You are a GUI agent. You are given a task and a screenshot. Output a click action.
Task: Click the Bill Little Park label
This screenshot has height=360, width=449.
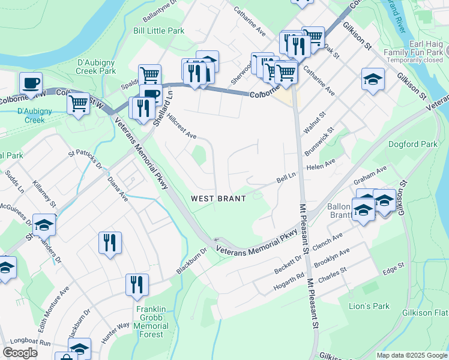(x=158, y=31)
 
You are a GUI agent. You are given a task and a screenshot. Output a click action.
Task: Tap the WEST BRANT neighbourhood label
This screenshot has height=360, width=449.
(x=218, y=198)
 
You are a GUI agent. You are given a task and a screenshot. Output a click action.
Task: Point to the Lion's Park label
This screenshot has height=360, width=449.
(x=369, y=306)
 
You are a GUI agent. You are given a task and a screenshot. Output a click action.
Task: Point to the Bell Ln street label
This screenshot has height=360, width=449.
(x=286, y=178)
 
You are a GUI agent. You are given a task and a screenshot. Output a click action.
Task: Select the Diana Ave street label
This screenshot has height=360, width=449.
(x=118, y=188)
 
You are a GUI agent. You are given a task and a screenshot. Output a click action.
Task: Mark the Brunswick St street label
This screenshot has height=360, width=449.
(x=318, y=143)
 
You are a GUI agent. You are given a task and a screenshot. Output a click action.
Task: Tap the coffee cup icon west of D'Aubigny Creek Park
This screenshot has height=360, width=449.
(x=31, y=83)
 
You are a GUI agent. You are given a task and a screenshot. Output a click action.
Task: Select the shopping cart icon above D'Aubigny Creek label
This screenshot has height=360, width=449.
(x=78, y=103)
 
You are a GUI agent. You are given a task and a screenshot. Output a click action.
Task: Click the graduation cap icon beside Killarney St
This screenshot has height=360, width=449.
(x=44, y=225)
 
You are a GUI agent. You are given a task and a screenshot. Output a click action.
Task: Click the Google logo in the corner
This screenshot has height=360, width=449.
(x=20, y=353)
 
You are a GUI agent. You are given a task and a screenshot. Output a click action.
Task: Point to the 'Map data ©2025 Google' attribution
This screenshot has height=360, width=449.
(x=412, y=355)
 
